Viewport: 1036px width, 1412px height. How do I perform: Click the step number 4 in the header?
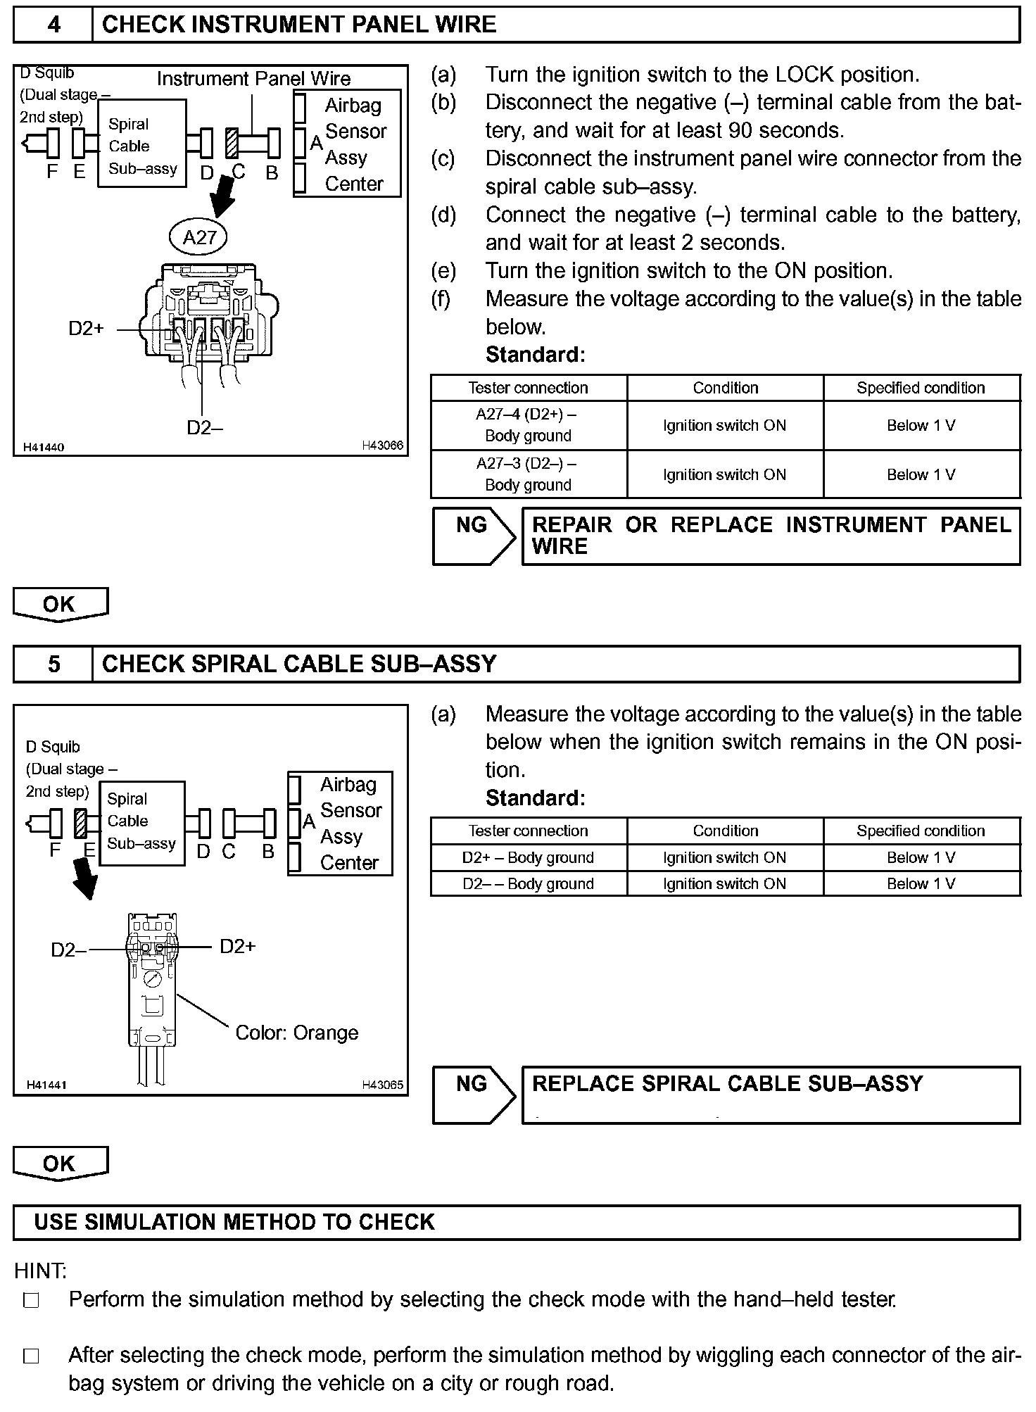(x=53, y=25)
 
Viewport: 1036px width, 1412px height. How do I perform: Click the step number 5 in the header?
(x=53, y=664)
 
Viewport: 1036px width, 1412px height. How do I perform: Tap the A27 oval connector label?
(x=199, y=237)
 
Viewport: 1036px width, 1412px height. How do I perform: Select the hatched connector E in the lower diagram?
(x=80, y=823)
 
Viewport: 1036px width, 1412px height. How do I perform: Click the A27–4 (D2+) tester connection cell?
(x=528, y=425)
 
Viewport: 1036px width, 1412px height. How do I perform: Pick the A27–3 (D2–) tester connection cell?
(x=528, y=474)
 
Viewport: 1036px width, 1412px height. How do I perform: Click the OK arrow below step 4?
(x=60, y=605)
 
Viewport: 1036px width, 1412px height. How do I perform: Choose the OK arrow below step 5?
(x=60, y=1164)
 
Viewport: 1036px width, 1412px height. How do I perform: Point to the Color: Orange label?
(x=296, y=1033)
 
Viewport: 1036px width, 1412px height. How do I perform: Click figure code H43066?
(x=382, y=446)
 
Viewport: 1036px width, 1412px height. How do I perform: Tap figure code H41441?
(x=46, y=1085)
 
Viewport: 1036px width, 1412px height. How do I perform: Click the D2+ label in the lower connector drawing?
(x=238, y=946)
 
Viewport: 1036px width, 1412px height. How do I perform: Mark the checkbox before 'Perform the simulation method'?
(x=31, y=1300)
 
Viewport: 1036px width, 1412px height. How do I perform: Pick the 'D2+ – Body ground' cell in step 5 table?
(x=528, y=857)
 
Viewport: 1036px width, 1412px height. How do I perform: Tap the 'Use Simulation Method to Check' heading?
(x=234, y=1222)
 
